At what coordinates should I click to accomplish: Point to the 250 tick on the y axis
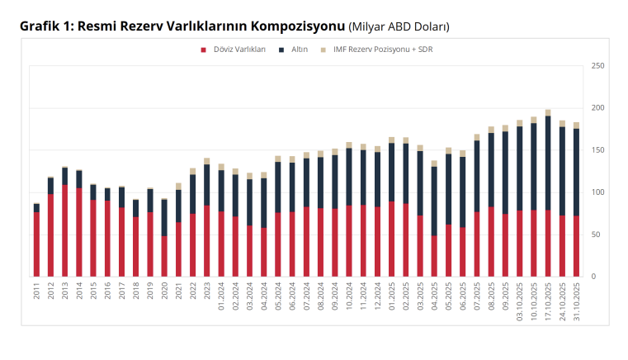597,66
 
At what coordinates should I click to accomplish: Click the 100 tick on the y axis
597,192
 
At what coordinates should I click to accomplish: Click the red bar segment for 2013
65,231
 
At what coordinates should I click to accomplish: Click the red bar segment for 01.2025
392,239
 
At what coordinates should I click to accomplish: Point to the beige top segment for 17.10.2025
548,113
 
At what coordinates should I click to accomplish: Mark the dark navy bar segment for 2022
192,194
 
